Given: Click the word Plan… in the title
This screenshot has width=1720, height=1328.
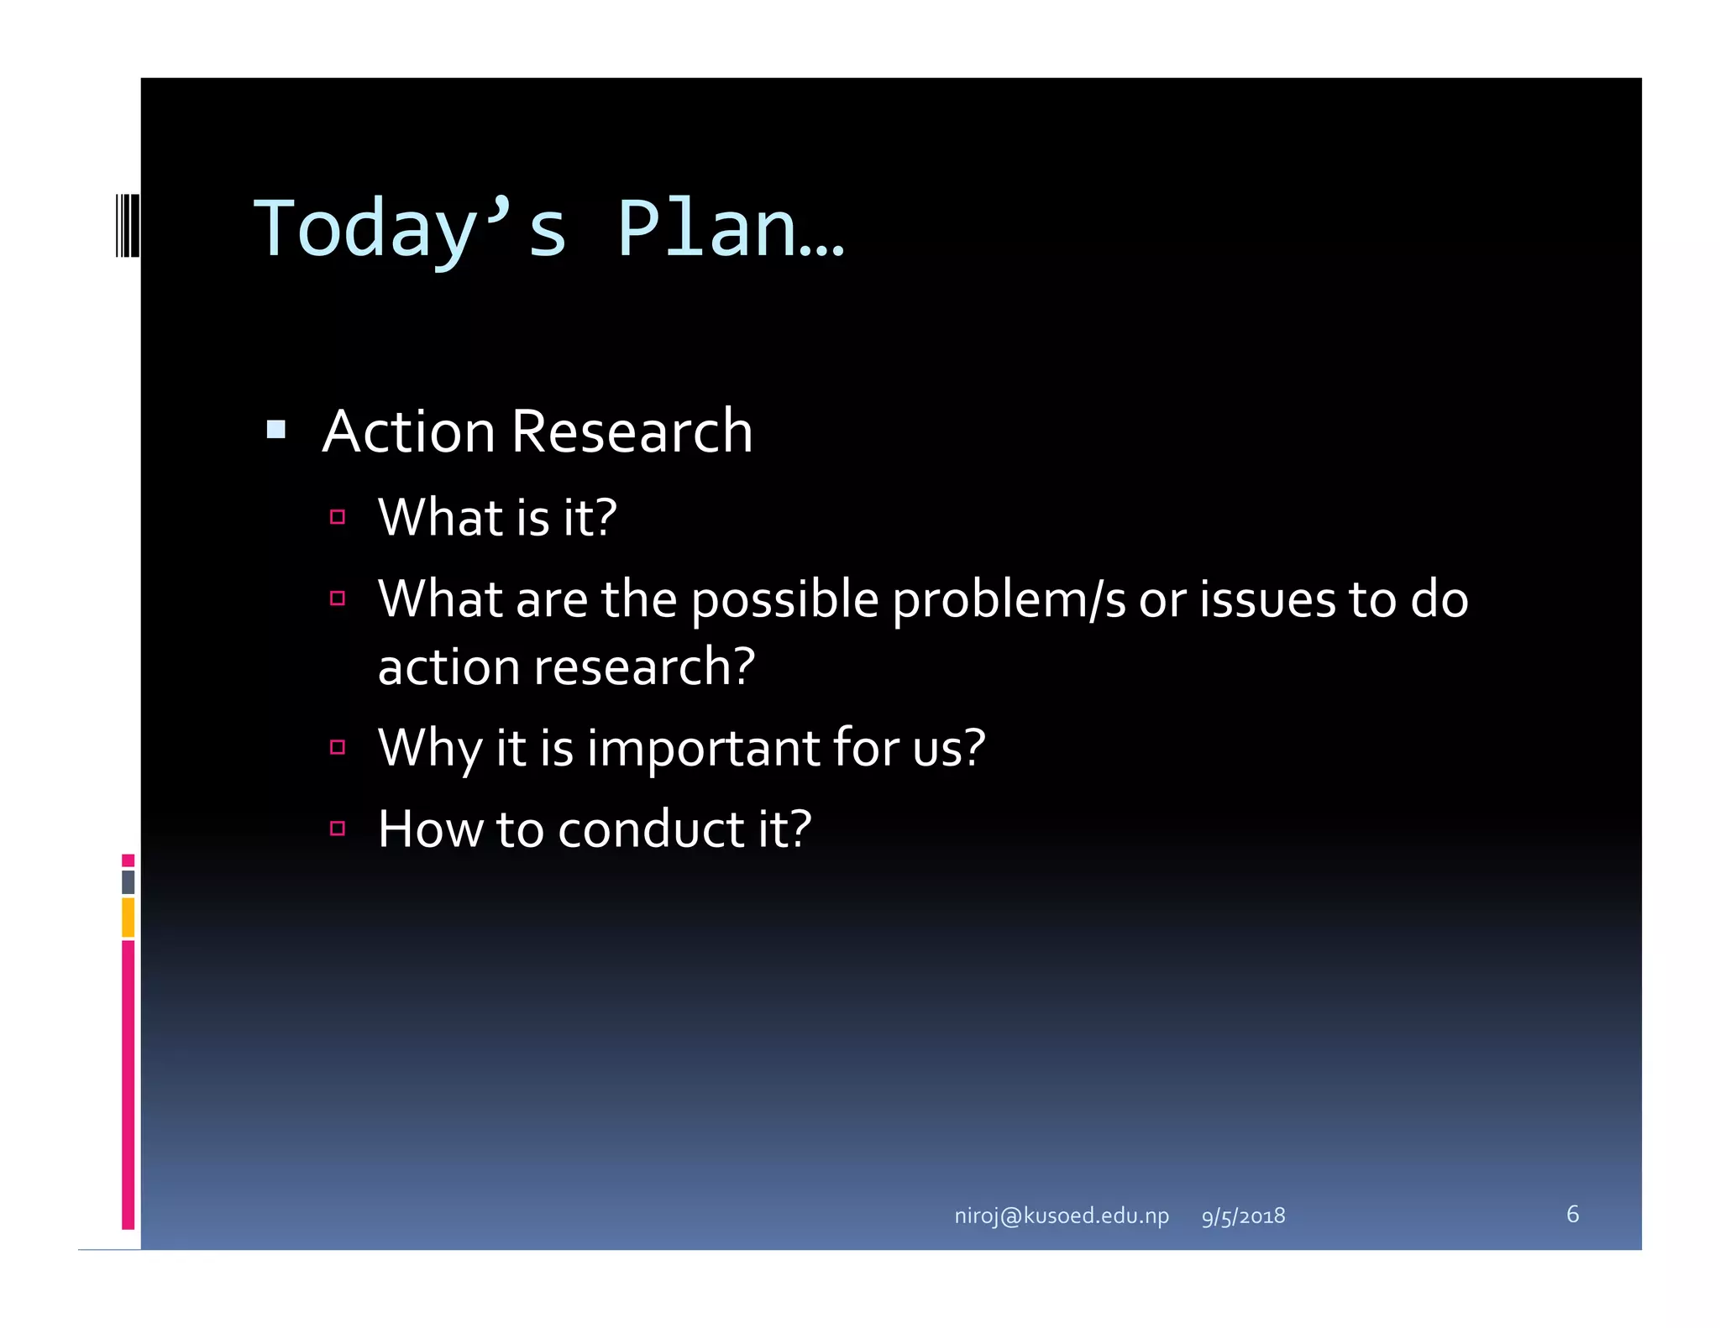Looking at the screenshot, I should pyautogui.click(x=729, y=228).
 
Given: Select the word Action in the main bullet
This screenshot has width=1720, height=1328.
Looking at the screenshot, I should pyautogui.click(x=409, y=431).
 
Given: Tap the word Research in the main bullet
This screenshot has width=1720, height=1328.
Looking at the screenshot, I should pyautogui.click(x=632, y=431).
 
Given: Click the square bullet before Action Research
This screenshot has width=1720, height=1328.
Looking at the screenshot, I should pyautogui.click(x=275, y=431).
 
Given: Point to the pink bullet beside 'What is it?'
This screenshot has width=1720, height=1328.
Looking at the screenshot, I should pyautogui.click(x=338, y=517).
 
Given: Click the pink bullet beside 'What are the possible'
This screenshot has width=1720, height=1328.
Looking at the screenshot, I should pyautogui.click(x=338, y=599).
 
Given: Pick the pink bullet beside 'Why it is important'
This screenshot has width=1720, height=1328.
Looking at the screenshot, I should pyautogui.click(x=338, y=747).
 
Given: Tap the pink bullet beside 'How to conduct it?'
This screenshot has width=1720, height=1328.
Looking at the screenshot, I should pyautogui.click(x=338, y=829).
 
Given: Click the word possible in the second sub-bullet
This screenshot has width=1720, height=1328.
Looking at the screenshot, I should pyautogui.click(x=784, y=601).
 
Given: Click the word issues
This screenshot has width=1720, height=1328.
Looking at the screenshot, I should pyautogui.click(x=1267, y=599).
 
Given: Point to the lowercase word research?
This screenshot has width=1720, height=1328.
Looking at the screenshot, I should pyautogui.click(x=644, y=667).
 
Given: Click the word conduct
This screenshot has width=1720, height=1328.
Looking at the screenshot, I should pyautogui.click(x=651, y=829).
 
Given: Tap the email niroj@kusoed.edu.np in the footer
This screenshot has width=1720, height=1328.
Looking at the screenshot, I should pyautogui.click(x=1062, y=1216).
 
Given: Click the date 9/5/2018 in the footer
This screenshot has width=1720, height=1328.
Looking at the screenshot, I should pyautogui.click(x=1243, y=1216).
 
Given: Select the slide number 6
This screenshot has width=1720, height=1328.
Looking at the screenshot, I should pyautogui.click(x=1572, y=1214).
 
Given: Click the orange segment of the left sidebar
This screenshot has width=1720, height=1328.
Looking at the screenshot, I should pyautogui.click(x=128, y=918).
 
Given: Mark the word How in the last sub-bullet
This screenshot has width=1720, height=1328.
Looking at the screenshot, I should pyautogui.click(x=430, y=829).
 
